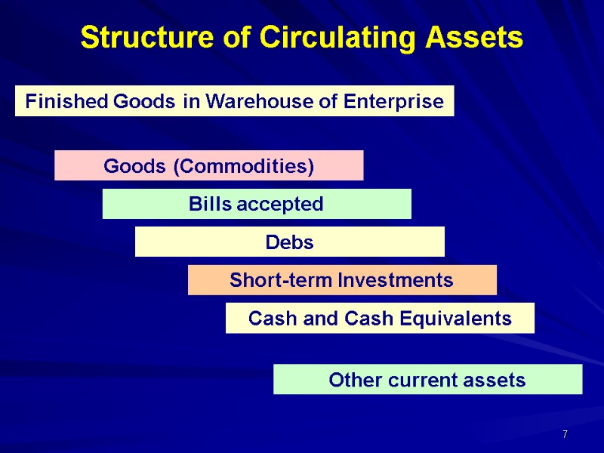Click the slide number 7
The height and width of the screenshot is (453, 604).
tap(565, 434)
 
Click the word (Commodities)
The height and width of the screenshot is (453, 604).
tap(244, 166)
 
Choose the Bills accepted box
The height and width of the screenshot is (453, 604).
tap(257, 204)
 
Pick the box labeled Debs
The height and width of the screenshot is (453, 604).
tap(289, 242)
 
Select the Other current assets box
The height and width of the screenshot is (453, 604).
tap(427, 380)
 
